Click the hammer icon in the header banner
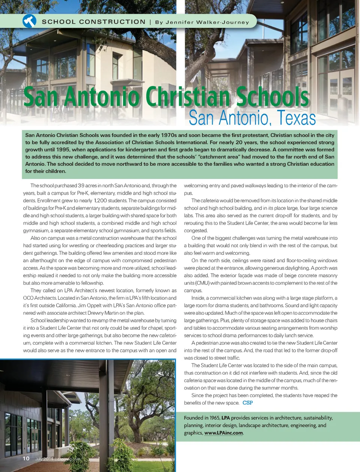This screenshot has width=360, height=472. click(29, 21)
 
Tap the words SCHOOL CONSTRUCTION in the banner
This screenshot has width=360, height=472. click(93, 22)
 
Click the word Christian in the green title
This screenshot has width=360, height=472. click(187, 97)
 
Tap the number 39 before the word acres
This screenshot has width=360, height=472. click(81, 186)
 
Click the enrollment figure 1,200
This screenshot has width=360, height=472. click(100, 201)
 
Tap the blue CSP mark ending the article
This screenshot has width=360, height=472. click(247, 403)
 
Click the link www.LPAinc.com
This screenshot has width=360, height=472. click(223, 433)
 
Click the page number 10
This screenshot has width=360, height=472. click(26, 459)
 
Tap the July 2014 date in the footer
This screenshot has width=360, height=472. click(44, 459)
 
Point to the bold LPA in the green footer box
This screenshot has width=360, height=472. click(225, 418)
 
